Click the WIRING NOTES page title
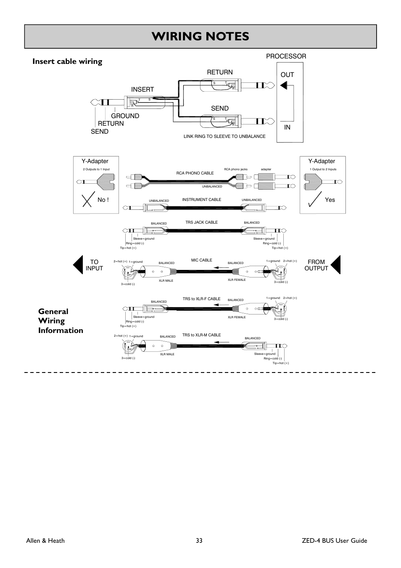[200, 37]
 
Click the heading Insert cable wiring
[67, 61]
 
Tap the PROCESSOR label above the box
[286, 56]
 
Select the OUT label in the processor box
[288, 75]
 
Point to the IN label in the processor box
[288, 127]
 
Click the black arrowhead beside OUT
[284, 86]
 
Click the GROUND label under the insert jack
[125, 116]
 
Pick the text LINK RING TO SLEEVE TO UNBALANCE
[224, 136]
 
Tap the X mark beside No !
[87, 200]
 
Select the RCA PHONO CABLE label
[195, 173]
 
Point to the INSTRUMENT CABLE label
[201, 200]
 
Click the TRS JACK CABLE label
[201, 222]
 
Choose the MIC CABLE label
[202, 260]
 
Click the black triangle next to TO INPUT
[78, 265]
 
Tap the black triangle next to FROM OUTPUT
[335, 265]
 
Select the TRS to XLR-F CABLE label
[201, 299]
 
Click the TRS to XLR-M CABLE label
[201, 335]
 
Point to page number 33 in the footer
[199, 541]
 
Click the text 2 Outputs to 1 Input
[96, 169]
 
